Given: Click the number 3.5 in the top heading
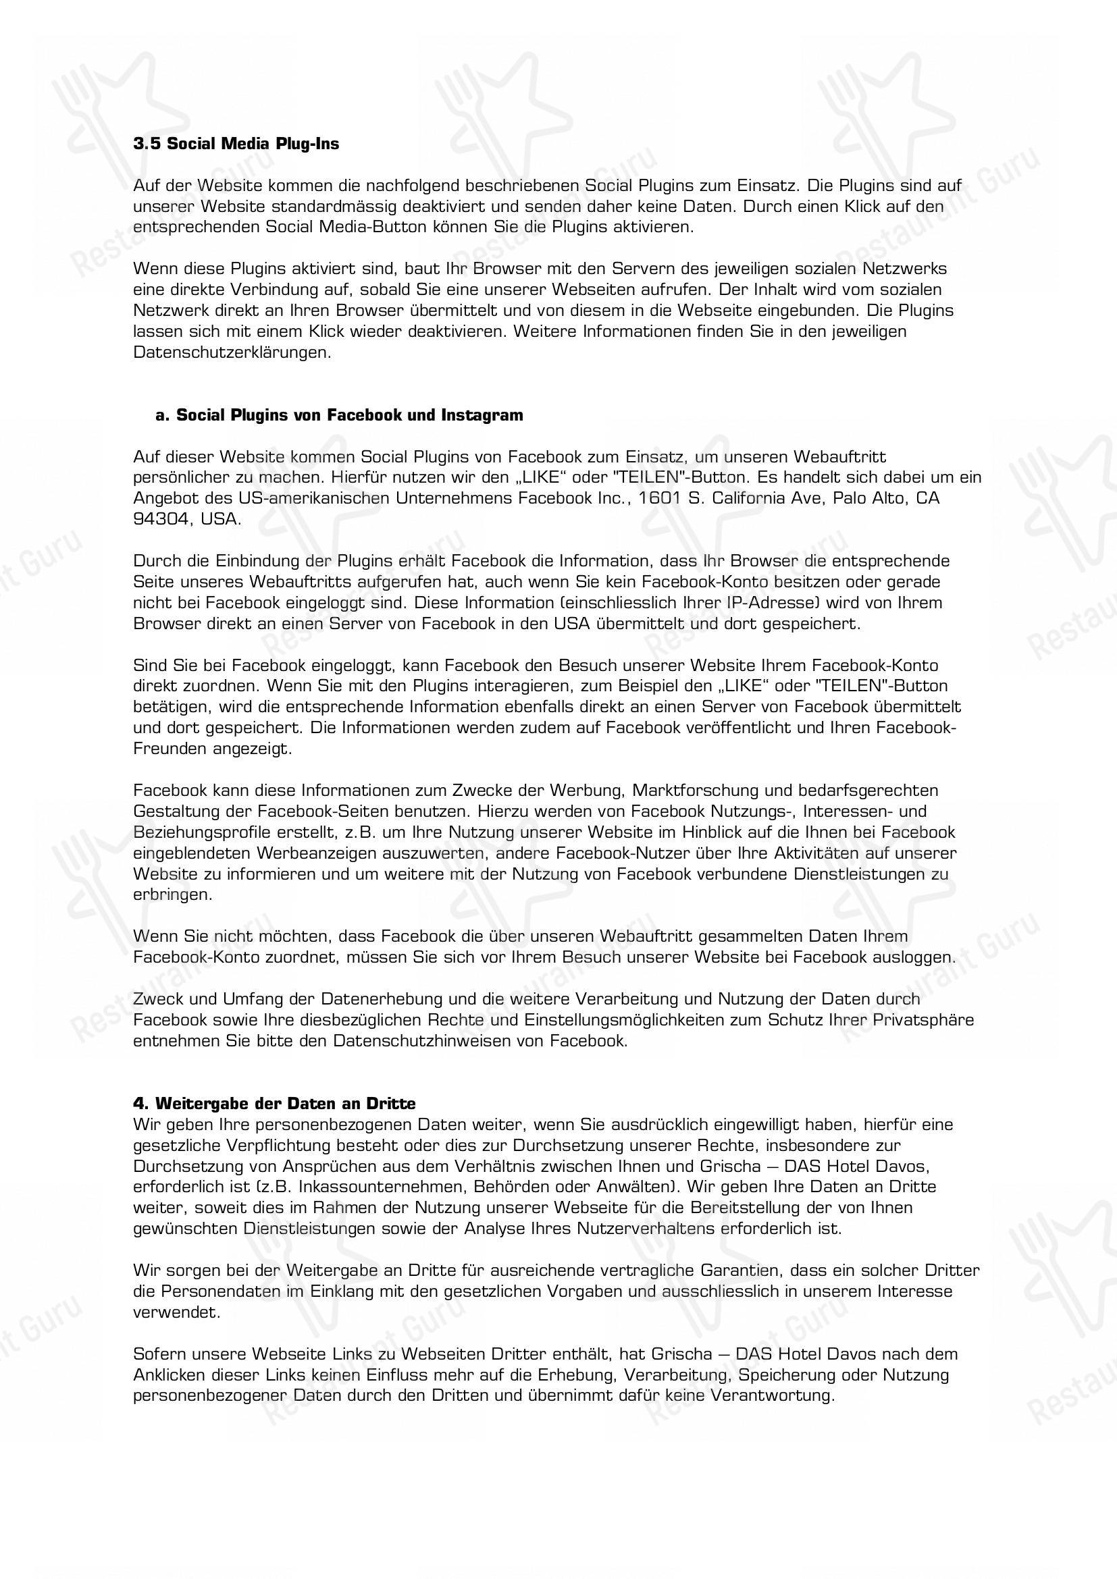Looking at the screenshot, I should tap(147, 144).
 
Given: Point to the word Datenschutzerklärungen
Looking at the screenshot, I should tap(232, 353).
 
